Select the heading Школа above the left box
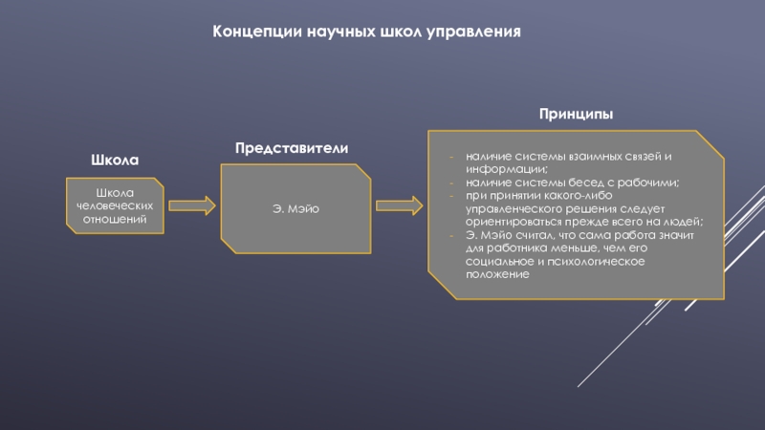pos(116,159)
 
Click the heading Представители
pos(292,148)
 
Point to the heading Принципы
pos(576,114)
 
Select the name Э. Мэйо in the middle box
pos(296,208)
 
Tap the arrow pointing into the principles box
pos(399,205)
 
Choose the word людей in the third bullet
pos(685,221)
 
